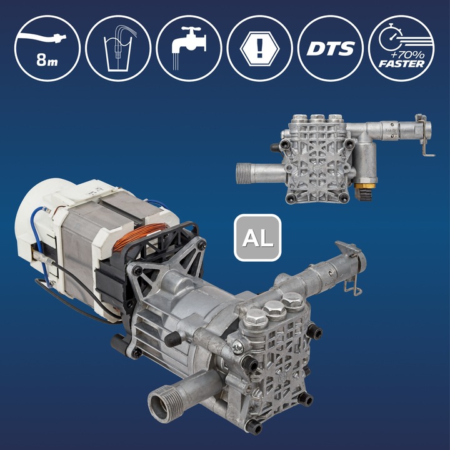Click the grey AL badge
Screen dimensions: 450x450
[257, 238]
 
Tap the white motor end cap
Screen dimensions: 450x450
[39, 212]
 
